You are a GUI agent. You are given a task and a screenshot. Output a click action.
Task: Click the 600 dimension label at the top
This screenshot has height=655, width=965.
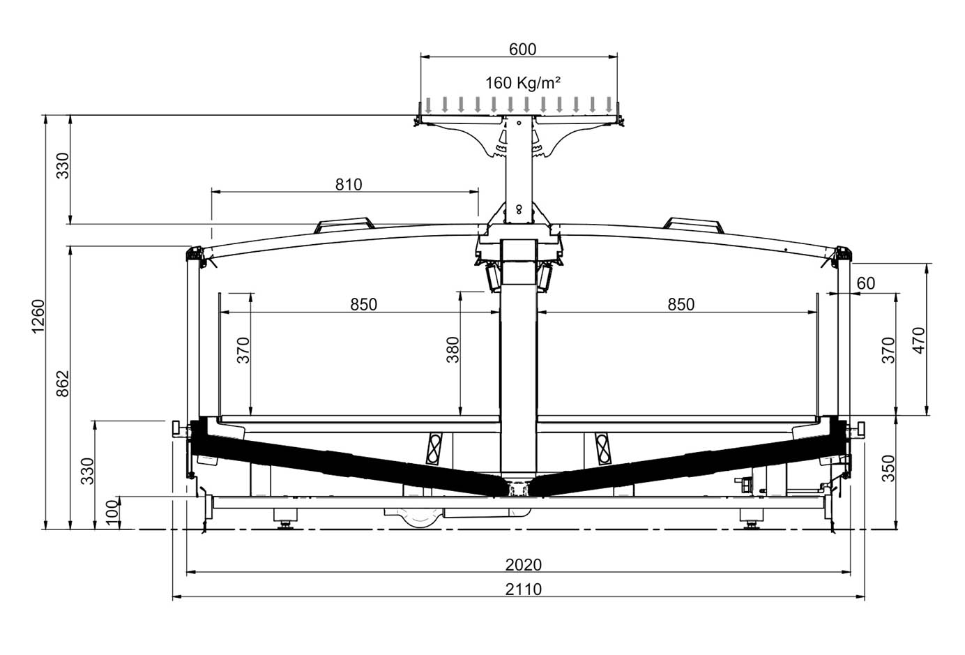[522, 50]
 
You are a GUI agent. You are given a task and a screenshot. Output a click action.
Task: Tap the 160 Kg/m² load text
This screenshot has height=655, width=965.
[523, 83]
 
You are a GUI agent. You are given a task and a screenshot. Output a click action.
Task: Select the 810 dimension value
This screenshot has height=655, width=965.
[349, 185]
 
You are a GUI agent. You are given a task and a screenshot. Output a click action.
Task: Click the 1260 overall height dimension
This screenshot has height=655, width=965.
[38, 316]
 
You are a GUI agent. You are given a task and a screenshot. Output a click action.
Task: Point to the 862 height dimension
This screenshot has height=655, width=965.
[63, 384]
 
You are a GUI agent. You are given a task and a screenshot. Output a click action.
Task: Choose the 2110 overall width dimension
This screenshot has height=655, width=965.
[524, 589]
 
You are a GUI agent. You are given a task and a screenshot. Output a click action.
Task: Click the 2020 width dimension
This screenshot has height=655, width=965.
[524, 564]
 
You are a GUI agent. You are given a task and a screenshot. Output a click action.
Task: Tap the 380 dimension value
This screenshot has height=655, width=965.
[453, 350]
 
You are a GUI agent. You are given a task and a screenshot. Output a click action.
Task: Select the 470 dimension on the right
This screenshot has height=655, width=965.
[919, 341]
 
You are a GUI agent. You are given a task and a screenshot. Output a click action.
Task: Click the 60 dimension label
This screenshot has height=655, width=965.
[866, 283]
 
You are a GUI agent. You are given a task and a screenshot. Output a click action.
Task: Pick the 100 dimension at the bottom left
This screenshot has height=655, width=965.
[112, 513]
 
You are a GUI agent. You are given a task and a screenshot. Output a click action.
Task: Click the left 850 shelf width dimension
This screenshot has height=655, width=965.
[363, 305]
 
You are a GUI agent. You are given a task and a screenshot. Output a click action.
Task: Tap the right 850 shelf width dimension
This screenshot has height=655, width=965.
[681, 305]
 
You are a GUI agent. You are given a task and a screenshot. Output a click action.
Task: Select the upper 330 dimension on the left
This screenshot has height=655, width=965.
[63, 165]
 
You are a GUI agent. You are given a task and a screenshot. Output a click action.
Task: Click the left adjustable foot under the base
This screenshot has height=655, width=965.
[284, 519]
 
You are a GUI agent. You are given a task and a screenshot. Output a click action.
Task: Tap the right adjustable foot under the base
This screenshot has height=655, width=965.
[752, 519]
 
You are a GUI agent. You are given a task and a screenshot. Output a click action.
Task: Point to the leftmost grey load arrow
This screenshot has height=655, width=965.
[428, 105]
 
